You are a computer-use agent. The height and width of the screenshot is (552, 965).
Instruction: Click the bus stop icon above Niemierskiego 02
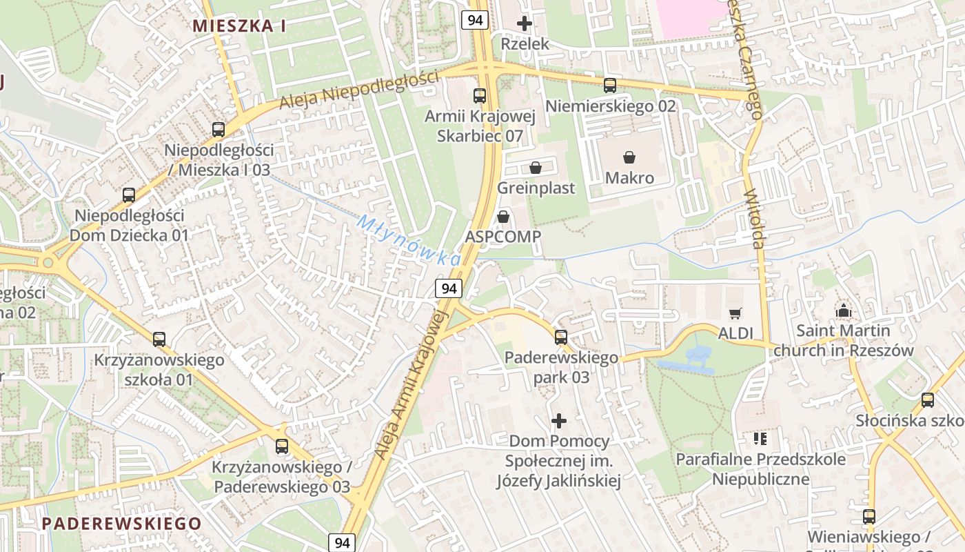610,86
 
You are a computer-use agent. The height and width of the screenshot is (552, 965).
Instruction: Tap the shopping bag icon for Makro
629,158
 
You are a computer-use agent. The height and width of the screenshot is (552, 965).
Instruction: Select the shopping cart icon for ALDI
735,313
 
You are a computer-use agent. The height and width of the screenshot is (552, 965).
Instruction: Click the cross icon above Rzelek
525,23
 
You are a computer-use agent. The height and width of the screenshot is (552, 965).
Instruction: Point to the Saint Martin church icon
843,311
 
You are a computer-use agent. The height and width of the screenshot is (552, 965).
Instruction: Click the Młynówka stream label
409,241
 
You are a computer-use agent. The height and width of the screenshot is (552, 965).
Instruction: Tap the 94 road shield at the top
475,20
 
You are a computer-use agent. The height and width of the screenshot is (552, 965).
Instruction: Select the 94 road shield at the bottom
343,542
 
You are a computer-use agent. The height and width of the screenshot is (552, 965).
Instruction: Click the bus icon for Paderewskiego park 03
561,337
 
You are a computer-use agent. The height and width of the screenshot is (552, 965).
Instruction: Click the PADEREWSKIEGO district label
121,523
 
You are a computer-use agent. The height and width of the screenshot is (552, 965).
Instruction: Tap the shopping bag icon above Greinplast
536,168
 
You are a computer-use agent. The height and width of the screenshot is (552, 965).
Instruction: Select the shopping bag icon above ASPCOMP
503,217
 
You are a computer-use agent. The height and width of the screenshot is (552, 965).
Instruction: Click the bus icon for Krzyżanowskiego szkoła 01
159,339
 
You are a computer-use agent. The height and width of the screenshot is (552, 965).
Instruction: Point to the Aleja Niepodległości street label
358,90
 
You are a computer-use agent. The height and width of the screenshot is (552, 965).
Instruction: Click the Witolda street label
757,219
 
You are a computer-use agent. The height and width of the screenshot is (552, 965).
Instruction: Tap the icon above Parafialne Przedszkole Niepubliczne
760,439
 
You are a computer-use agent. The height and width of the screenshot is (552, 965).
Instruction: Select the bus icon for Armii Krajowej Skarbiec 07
479,96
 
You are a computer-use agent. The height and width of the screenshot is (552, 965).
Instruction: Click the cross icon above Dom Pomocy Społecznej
559,420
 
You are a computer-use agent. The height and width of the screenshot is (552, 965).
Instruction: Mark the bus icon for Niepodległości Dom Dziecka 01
129,195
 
